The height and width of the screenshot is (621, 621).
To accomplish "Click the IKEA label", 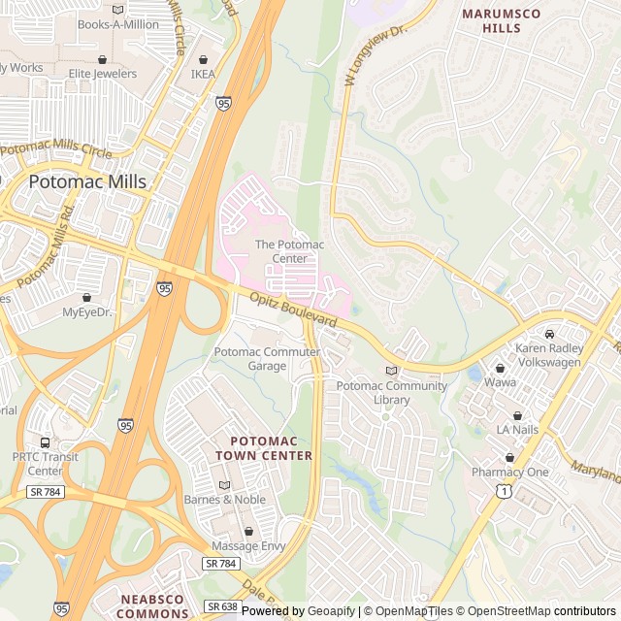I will tap(203, 74).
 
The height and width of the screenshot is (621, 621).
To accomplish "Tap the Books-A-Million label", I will tap(117, 24).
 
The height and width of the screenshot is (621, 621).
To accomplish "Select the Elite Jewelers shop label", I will tap(102, 73).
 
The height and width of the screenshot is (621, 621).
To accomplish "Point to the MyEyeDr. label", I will tap(87, 312).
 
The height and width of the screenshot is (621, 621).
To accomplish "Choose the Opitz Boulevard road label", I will tap(293, 310).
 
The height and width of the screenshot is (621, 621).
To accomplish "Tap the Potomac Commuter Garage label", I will tap(267, 358).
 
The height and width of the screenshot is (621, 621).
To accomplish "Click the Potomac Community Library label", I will tap(391, 392).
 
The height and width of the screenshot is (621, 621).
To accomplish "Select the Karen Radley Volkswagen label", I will tap(548, 355).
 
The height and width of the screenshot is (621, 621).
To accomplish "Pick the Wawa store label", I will tap(500, 382).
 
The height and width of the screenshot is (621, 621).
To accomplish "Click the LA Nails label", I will tap(517, 429).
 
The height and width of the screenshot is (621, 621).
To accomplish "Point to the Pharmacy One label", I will tap(509, 472).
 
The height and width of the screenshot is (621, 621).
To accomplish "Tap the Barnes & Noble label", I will tap(224, 499).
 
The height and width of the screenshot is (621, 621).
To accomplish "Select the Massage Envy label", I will tap(248, 545).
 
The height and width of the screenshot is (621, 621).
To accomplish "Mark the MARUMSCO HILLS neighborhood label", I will tap(505, 20).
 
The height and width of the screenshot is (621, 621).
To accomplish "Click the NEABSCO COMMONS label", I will tap(152, 606).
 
